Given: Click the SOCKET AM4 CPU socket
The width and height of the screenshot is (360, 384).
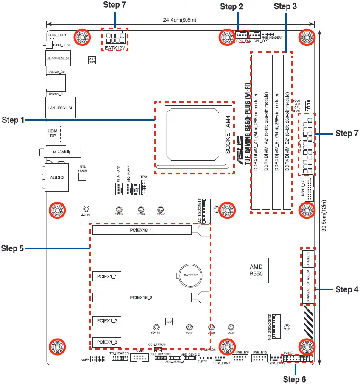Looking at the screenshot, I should (194, 138).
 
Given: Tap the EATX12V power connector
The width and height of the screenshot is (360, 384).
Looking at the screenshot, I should (115, 39).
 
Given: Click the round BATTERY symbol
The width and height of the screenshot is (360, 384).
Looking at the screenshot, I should (190, 276).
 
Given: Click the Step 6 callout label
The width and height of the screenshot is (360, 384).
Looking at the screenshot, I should (294, 378).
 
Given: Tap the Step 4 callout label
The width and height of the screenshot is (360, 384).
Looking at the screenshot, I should (347, 289).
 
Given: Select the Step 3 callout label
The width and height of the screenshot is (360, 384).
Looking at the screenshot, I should (285, 6).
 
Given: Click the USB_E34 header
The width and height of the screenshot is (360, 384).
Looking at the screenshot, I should (240, 359).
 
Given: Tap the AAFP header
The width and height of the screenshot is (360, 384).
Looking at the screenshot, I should (97, 359).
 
